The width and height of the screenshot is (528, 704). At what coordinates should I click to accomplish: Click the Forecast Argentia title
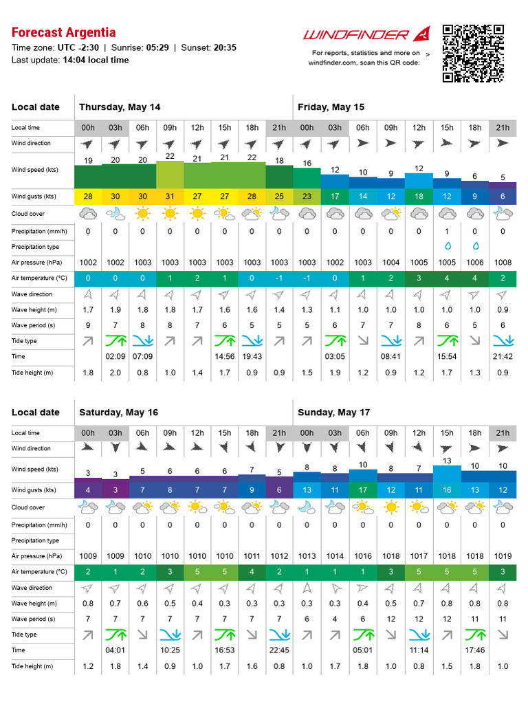pyautogui.click(x=63, y=32)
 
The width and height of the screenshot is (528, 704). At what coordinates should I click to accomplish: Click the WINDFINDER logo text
pyautogui.click(x=357, y=34)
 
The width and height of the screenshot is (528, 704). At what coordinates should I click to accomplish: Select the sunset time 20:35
pyautogui.click(x=224, y=47)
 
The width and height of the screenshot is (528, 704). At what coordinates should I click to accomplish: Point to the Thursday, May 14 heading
pyautogui.click(x=120, y=107)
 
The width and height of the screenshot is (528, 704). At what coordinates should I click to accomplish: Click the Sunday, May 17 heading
pyautogui.click(x=333, y=412)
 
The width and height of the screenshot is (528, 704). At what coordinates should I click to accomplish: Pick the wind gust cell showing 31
pyautogui.click(x=170, y=197)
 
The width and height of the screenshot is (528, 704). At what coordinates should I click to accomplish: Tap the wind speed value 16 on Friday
pyautogui.click(x=307, y=163)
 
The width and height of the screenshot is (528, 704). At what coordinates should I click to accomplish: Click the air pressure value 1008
pyautogui.click(x=503, y=262)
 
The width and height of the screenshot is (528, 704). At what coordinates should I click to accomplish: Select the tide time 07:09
pyautogui.click(x=142, y=356)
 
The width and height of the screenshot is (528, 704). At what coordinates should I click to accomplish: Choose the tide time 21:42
pyautogui.click(x=503, y=356)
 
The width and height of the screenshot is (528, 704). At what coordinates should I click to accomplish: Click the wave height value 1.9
pyautogui.click(x=115, y=310)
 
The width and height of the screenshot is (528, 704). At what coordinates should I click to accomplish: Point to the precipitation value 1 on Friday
pyautogui.click(x=447, y=231)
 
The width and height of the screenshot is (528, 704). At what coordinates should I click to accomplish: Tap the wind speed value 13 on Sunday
pyautogui.click(x=447, y=461)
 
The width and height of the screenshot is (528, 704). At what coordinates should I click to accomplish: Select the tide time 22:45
pyautogui.click(x=280, y=650)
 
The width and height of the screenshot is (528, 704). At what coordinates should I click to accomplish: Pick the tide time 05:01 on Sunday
pyautogui.click(x=363, y=650)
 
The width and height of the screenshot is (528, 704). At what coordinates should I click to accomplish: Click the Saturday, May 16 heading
pyautogui.click(x=118, y=412)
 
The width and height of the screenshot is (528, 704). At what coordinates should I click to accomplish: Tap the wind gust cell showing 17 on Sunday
pyautogui.click(x=363, y=490)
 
